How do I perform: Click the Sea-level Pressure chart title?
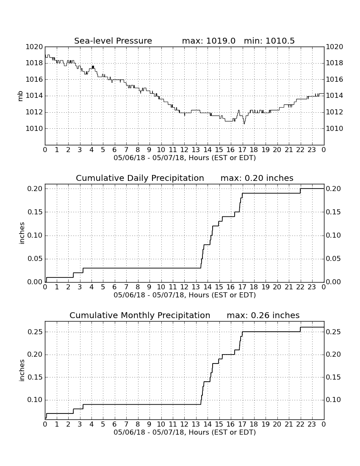point(113,41)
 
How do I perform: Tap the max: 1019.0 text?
point(208,41)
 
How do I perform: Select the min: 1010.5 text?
point(269,41)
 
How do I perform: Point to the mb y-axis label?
point(20,96)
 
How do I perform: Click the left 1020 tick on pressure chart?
point(34,47)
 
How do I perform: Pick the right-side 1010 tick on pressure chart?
point(335,129)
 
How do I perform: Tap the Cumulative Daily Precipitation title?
point(140,178)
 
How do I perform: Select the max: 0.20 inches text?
point(257,178)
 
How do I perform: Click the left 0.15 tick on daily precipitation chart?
point(35,212)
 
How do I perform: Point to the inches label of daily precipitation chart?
point(22,233)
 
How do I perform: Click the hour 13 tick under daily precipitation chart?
point(196,287)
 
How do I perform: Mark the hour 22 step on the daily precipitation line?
point(301,191)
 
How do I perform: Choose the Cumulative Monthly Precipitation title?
point(140,315)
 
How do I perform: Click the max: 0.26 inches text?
point(263,315)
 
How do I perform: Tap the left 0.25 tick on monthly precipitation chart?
point(35,332)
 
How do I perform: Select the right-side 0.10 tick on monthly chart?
point(334,400)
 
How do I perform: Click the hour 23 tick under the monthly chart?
point(312,424)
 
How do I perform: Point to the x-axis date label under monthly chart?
point(185,432)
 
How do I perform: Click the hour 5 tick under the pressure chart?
point(103,150)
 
